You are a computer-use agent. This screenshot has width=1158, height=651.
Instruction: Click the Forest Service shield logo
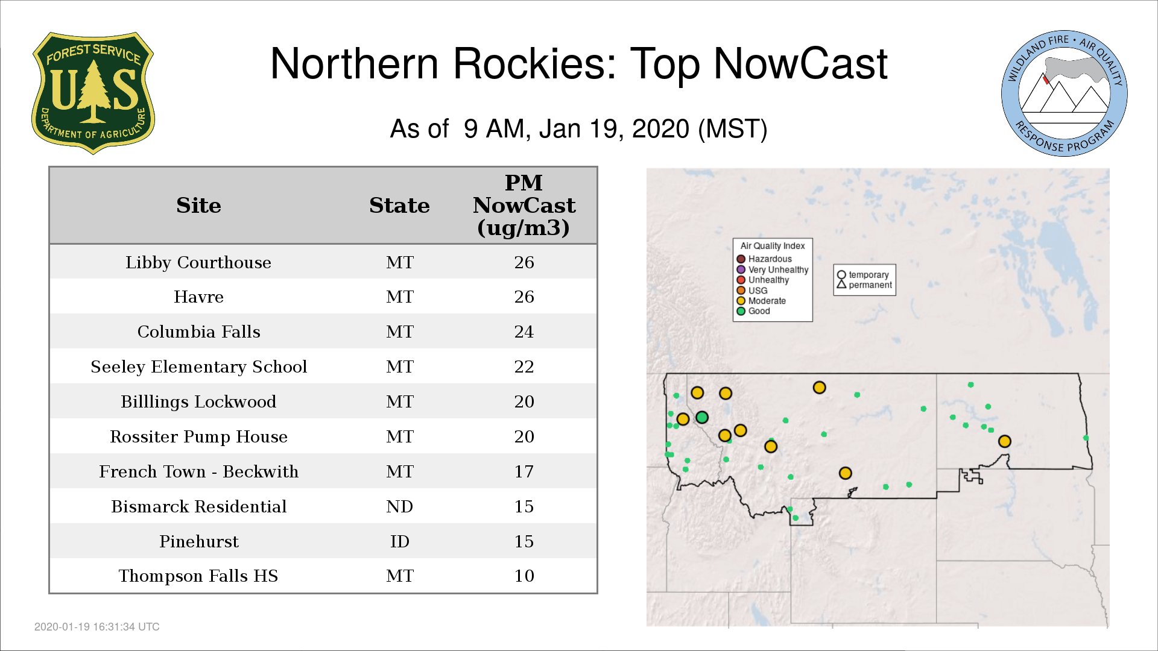coord(93,93)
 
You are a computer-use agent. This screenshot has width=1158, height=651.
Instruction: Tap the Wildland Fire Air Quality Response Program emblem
coord(1065,93)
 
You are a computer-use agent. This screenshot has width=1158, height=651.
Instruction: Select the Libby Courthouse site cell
coord(198,263)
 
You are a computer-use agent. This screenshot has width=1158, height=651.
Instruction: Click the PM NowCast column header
coord(524,205)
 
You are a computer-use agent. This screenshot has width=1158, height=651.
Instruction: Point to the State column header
coord(399,206)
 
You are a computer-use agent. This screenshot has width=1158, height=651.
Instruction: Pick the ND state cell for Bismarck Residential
coord(400,506)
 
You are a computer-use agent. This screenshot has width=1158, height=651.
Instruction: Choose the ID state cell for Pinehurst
coord(400,541)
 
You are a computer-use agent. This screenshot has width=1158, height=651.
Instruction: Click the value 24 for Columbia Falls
coord(524,332)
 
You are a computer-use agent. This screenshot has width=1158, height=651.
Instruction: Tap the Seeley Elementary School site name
coord(198,367)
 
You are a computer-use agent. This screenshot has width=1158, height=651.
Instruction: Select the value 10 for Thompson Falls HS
coord(524,576)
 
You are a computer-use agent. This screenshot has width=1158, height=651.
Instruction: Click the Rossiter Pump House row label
coord(198,437)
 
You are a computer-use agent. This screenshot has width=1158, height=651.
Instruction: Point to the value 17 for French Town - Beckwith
coord(524,471)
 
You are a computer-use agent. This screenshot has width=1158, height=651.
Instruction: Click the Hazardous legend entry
coord(764,259)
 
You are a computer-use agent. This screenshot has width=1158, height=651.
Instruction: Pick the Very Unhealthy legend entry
coord(773,269)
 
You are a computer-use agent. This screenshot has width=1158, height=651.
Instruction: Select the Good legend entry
coord(753,311)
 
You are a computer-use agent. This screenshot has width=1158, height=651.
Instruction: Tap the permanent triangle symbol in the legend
coord(841,284)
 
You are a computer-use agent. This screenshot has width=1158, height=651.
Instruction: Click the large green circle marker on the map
coord(702,417)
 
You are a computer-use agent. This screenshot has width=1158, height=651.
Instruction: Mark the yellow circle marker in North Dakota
coord(1004,441)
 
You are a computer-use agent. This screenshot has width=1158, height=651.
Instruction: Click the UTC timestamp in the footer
coord(97,627)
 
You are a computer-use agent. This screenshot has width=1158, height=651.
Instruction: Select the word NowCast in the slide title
coord(800,64)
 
